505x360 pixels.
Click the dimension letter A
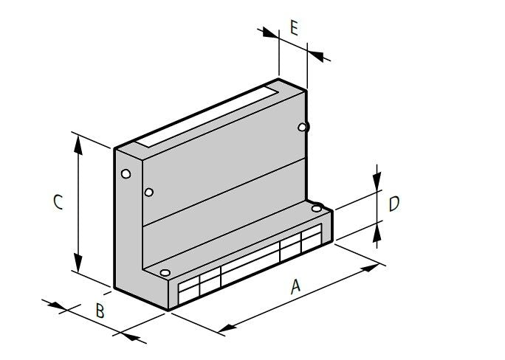(295, 285)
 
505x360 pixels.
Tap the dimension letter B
(100, 310)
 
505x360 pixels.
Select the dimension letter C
(57, 201)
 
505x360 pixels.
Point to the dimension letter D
(394, 204)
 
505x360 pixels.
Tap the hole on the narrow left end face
(126, 174)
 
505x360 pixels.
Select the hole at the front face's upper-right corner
(302, 128)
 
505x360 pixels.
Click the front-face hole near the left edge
(149, 193)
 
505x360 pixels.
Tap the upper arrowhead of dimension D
(377, 183)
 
